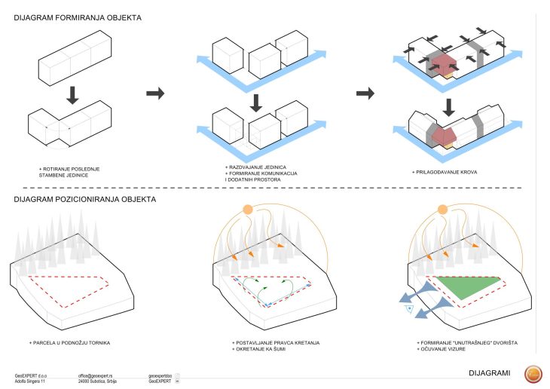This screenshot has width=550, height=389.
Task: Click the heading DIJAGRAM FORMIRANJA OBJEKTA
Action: point(82,17)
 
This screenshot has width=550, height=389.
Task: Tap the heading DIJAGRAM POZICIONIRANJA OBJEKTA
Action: point(85,200)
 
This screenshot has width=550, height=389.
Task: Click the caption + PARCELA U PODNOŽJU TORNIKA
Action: point(70,343)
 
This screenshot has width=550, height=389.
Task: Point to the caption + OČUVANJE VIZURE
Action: point(446,349)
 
